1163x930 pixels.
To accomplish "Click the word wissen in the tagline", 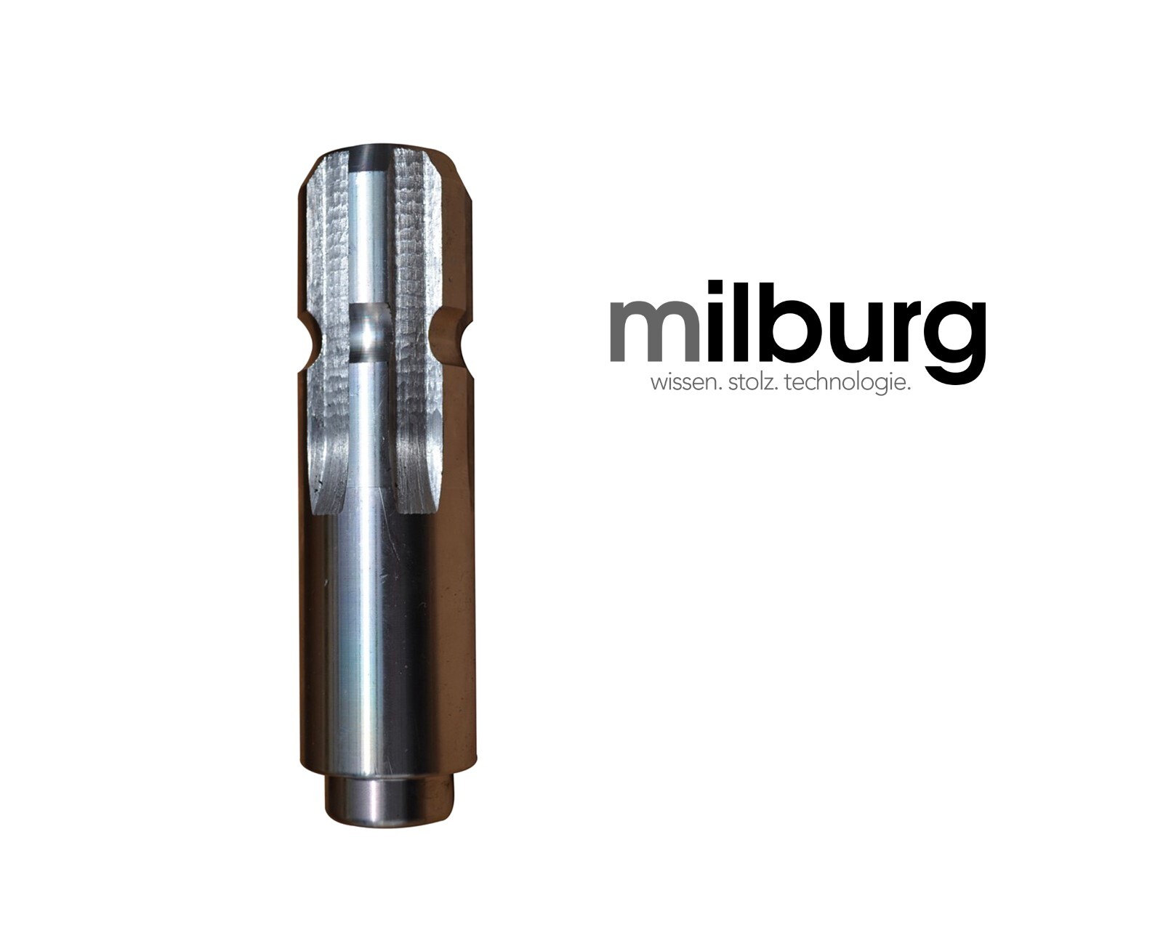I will click(x=681, y=383).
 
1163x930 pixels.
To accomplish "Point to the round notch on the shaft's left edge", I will click(x=309, y=341).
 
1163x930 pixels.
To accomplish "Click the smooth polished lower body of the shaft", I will click(x=378, y=639).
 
